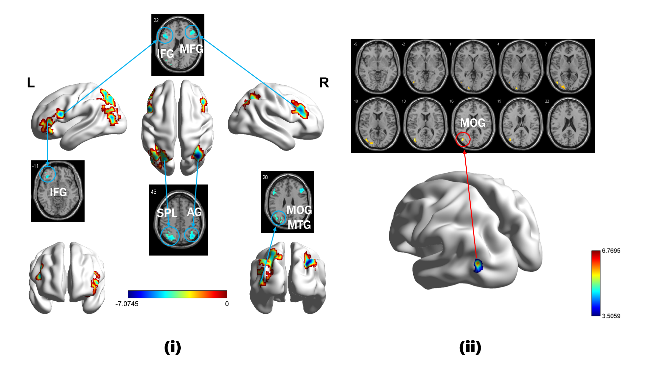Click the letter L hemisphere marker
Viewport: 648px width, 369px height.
point(31,83)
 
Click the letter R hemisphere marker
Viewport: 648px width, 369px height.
point(324,83)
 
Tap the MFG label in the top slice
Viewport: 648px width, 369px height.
point(191,49)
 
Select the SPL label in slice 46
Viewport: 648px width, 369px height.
point(167,213)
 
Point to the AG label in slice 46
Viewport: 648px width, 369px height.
point(194,212)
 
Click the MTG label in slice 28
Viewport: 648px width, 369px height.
point(299,225)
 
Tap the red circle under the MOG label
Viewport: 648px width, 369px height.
point(463,139)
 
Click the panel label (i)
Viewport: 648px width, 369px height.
point(172,347)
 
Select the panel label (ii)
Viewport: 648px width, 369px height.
point(470,347)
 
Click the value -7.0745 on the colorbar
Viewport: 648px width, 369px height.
point(127,304)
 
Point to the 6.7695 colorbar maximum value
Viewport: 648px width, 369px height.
point(611,251)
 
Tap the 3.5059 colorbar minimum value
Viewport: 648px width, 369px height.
point(611,316)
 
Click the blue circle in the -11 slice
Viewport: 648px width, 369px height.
point(47,174)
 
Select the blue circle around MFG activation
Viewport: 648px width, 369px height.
point(192,32)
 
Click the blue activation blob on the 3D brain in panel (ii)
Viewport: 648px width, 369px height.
point(478,265)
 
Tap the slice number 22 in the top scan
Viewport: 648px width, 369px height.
point(156,20)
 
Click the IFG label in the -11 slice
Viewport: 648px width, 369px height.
point(58,192)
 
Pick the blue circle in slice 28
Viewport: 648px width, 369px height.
point(279,218)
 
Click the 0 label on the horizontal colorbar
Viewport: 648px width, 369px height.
point(227,304)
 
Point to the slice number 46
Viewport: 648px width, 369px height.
point(154,192)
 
